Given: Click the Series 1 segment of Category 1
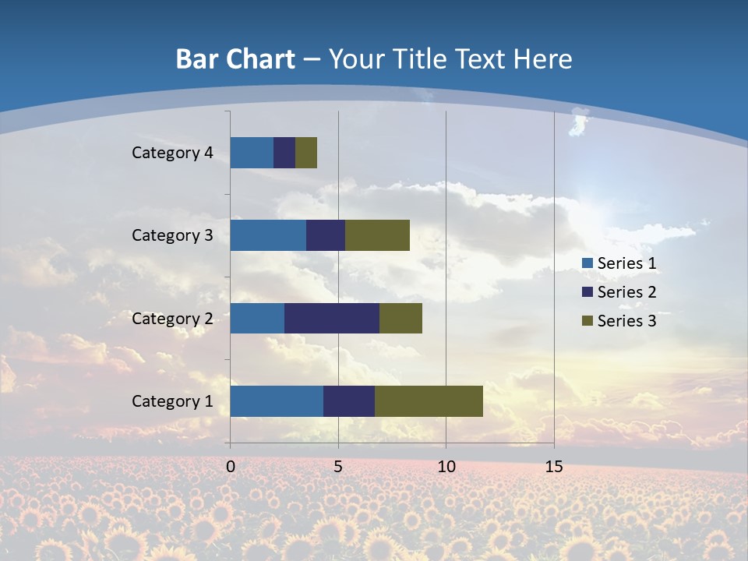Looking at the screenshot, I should [x=277, y=401].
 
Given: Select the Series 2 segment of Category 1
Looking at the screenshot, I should [x=349, y=401].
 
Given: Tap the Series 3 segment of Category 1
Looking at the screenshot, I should [x=429, y=401].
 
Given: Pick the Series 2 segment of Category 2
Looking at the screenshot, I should [x=332, y=319].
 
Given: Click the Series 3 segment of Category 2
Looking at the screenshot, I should [x=400, y=319].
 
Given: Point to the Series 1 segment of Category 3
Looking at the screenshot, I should [x=268, y=235].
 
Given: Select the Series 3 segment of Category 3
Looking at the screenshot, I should [x=377, y=235].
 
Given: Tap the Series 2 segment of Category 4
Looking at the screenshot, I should [x=284, y=153].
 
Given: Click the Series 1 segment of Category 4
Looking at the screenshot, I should [x=252, y=153].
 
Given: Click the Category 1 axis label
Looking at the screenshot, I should [x=172, y=401].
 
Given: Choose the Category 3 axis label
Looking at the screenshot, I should [x=172, y=235].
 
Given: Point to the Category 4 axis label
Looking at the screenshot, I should [x=172, y=153].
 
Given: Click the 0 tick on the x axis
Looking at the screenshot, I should [x=231, y=467].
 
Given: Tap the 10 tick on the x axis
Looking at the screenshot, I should [x=446, y=467].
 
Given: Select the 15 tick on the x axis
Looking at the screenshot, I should [x=554, y=467].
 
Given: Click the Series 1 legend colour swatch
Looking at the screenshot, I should [x=587, y=263].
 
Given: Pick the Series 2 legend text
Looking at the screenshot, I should [x=626, y=292].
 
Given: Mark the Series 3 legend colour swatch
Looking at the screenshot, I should [x=587, y=321].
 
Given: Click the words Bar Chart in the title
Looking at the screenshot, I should [x=235, y=59].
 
